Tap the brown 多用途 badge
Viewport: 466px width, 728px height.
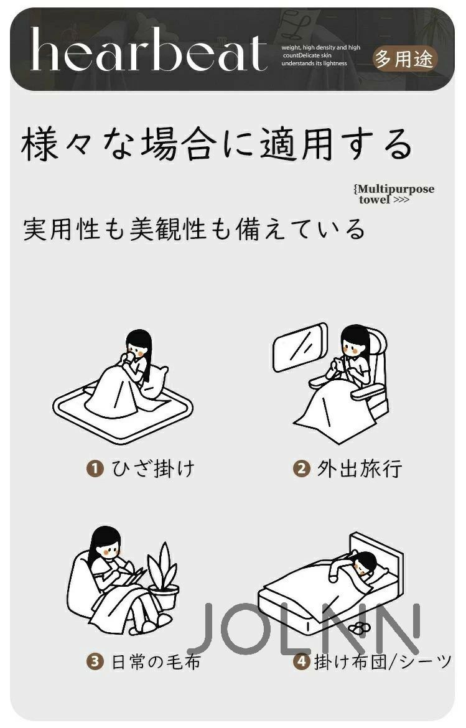point(404,59)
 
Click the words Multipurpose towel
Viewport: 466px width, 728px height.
point(394,194)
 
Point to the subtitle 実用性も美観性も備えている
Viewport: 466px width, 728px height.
point(194,230)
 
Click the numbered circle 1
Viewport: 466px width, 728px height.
point(95,468)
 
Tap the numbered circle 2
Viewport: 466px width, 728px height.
point(301,468)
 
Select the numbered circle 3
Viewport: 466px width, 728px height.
point(95,661)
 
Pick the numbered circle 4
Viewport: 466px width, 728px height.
point(301,661)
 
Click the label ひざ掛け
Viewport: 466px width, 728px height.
point(153,468)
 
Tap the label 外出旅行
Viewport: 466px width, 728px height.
point(360,468)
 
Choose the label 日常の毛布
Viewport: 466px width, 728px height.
point(156,661)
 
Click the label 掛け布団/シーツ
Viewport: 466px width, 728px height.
point(383,661)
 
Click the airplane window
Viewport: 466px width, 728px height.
point(300,347)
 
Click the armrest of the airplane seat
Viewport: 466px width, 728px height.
point(368,393)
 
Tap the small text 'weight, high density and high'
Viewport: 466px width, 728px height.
point(320,47)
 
